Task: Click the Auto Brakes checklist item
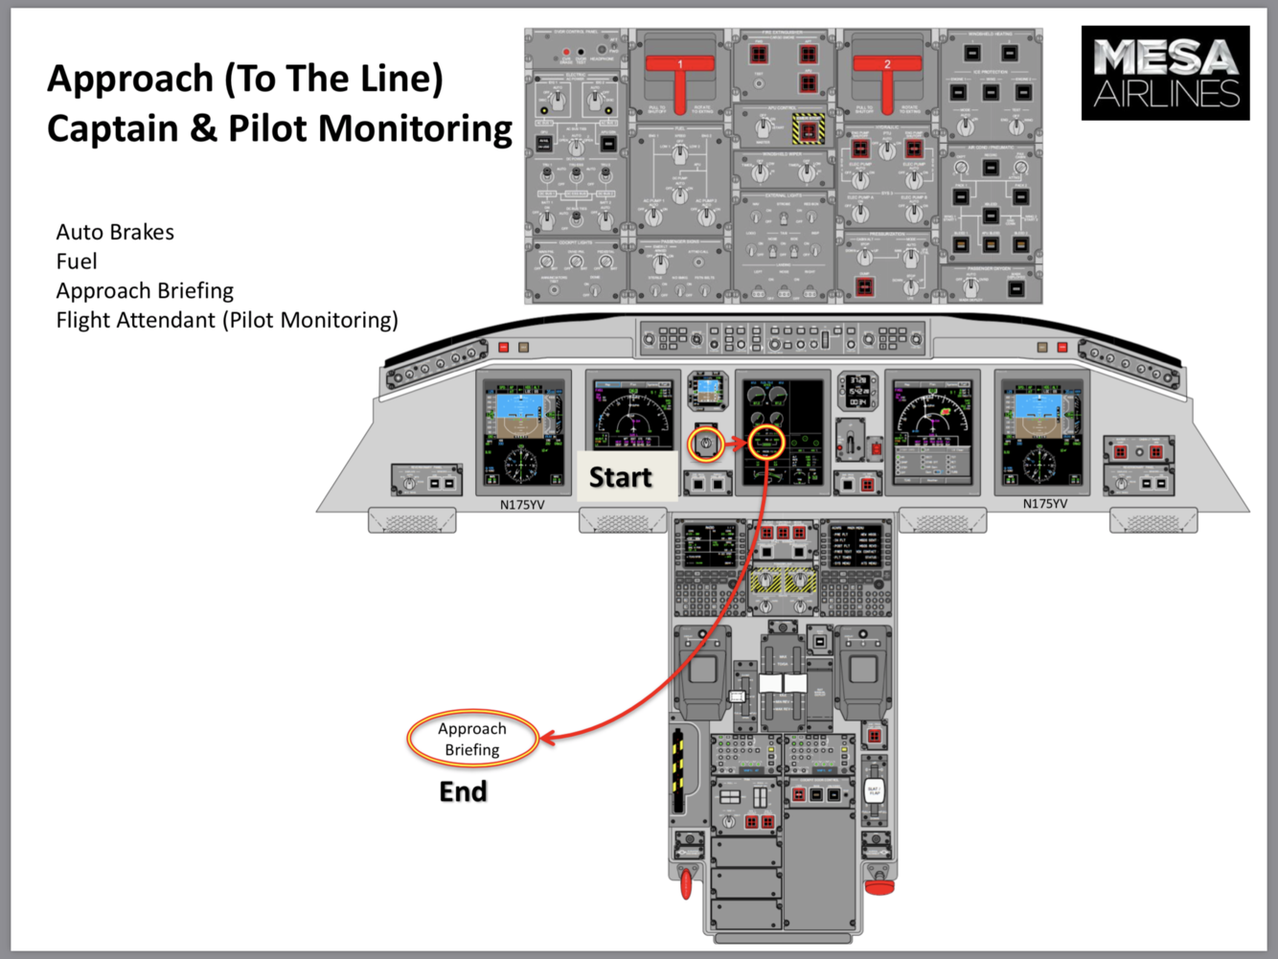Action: coord(115,233)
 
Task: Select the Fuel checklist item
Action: coord(77,262)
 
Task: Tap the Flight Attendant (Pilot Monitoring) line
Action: coord(227,320)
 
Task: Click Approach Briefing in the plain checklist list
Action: coord(145,291)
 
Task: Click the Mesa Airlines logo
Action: coord(1165,73)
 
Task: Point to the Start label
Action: coord(620,477)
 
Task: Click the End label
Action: coord(463,791)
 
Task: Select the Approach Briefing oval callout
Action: coord(472,740)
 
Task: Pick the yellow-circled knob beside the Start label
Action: coord(707,444)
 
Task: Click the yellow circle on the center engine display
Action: coord(766,443)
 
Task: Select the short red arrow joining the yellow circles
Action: coord(735,443)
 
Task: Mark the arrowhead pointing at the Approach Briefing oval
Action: coord(549,739)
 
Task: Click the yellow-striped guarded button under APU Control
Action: coord(807,128)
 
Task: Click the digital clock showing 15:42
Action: coord(857,390)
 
